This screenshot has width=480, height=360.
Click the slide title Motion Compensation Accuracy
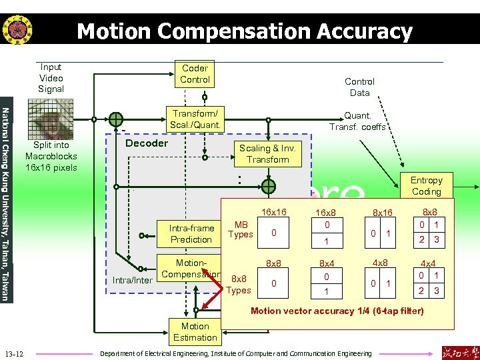[245, 31]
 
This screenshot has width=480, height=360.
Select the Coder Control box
[195, 74]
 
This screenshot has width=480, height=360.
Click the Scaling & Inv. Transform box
[267, 154]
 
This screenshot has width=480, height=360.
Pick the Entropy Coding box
[426, 186]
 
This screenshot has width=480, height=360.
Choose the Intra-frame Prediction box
[191, 234]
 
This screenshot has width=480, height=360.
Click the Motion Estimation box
[195, 332]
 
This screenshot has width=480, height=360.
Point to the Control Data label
[359, 87]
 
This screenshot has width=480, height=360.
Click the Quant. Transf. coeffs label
[357, 121]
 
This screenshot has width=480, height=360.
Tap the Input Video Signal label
[51, 78]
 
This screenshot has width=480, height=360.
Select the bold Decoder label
[147, 143]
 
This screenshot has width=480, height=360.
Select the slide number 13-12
[14, 353]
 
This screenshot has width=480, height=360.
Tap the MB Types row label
[241, 229]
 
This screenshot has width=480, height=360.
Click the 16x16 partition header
[273, 212]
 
